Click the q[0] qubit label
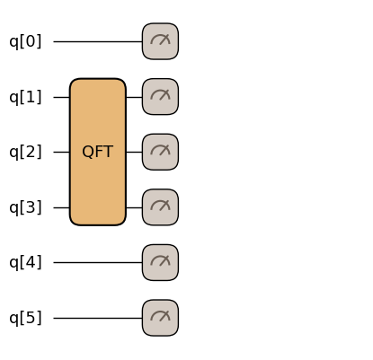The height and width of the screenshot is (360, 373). pos(25,41)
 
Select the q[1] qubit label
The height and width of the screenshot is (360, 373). pos(25,97)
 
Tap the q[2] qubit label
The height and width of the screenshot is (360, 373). pos(25,152)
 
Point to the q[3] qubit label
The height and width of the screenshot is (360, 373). pos(25,207)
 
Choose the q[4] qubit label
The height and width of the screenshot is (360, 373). pos(25,262)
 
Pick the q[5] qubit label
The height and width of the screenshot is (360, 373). pos(25,318)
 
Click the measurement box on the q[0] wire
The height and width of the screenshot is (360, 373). pos(160,41)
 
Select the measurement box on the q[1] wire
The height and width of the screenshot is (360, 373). pos(160,97)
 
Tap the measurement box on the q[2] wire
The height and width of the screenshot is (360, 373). pos(160,152)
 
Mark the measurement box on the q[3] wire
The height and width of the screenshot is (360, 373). pos(160,207)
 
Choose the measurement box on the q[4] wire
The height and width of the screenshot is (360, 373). pos(160,262)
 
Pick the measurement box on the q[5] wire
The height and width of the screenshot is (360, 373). pos(160,318)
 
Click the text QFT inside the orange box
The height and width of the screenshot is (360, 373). pos(98,152)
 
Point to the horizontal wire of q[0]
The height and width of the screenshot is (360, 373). pos(98,41)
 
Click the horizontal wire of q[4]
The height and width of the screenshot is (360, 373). pos(98,262)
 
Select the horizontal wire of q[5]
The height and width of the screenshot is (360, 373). pos(98,318)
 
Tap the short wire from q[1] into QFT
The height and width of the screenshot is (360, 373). pos(62,97)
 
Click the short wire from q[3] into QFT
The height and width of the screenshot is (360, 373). pos(62,207)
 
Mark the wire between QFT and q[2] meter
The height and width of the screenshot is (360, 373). pos(134,152)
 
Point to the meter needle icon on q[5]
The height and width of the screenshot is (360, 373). pos(160,316)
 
